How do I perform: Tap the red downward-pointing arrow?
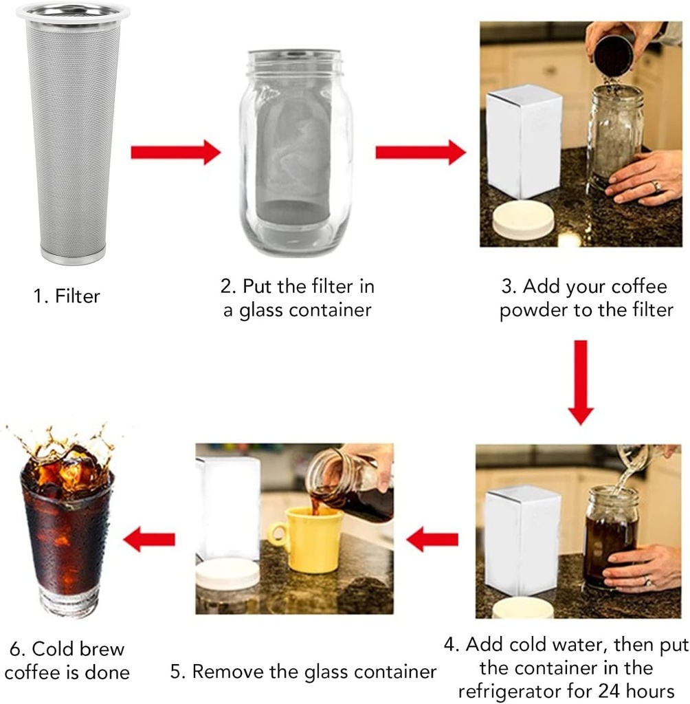(x=581, y=382)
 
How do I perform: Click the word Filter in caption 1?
(x=77, y=297)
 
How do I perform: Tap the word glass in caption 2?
(x=264, y=310)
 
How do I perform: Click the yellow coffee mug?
(x=313, y=540)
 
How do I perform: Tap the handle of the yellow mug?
(x=276, y=535)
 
